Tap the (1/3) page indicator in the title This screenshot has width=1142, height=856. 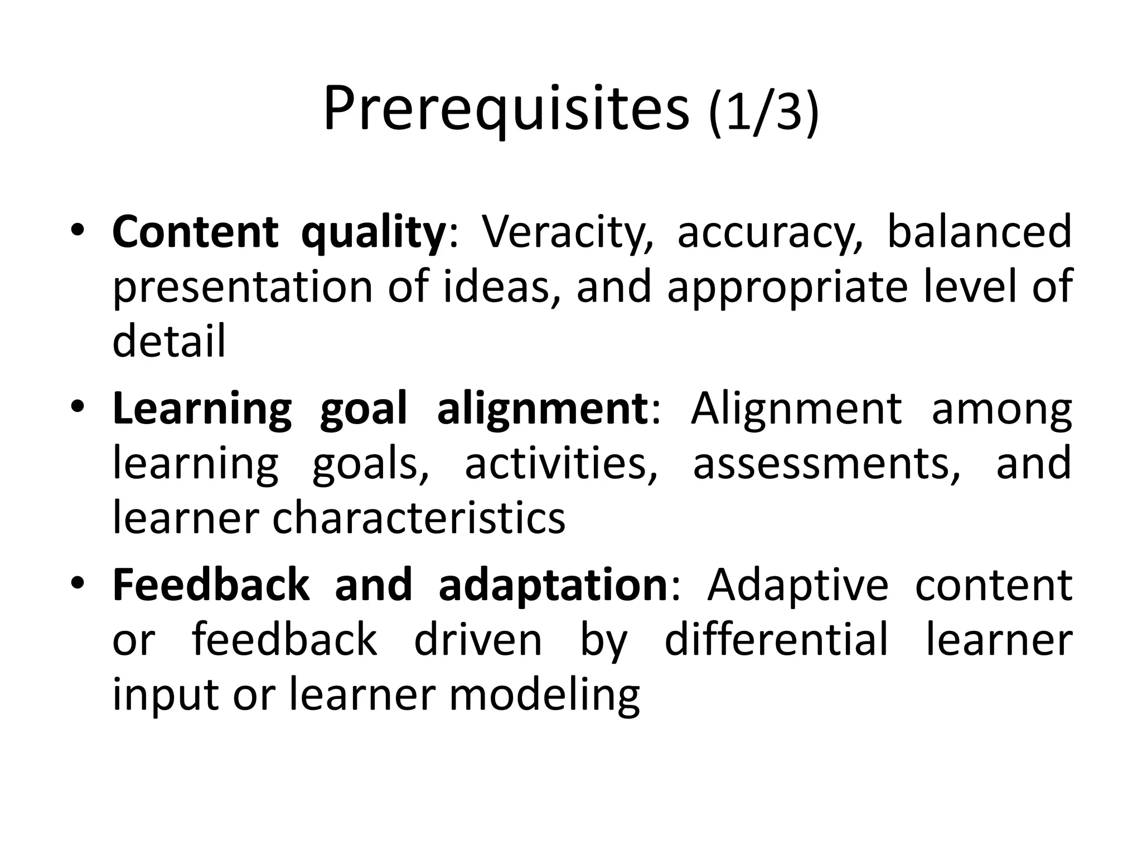tap(764, 112)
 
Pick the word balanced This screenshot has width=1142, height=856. tap(979, 232)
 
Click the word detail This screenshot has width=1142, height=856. tap(169, 341)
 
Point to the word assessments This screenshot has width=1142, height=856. tap(826, 464)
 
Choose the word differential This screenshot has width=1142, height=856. tap(776, 640)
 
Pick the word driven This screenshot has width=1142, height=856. tap(478, 640)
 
